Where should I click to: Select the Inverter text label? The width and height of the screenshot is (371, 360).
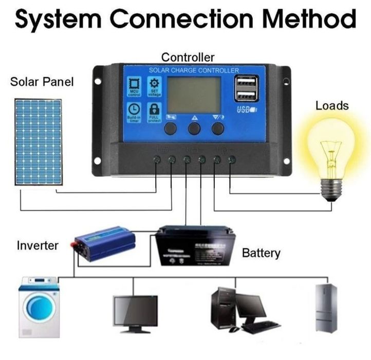point(38,245)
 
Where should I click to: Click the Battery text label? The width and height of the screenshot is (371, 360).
point(261,253)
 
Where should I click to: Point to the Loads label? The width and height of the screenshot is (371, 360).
point(332,106)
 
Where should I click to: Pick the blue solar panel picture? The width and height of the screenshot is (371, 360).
point(39,142)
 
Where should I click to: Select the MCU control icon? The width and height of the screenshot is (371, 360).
point(134,86)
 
